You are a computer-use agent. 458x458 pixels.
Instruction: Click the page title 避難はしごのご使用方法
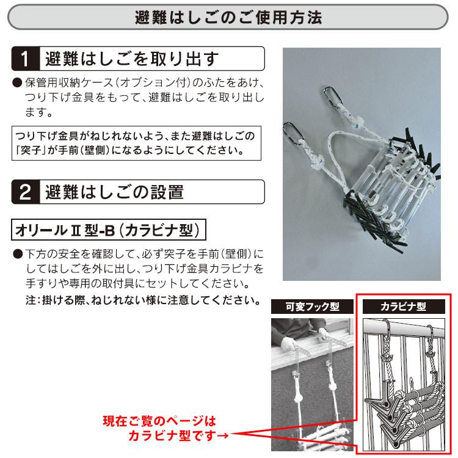coord(229,17)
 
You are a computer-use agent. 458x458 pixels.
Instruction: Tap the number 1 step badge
coord(25,60)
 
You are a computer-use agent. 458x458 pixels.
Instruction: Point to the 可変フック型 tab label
coord(312,307)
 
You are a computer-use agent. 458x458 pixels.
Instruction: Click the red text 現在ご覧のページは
coord(160,421)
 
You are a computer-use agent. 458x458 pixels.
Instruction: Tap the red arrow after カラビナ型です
coord(225,435)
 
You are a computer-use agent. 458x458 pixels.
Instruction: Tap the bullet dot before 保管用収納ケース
coord(16,82)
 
